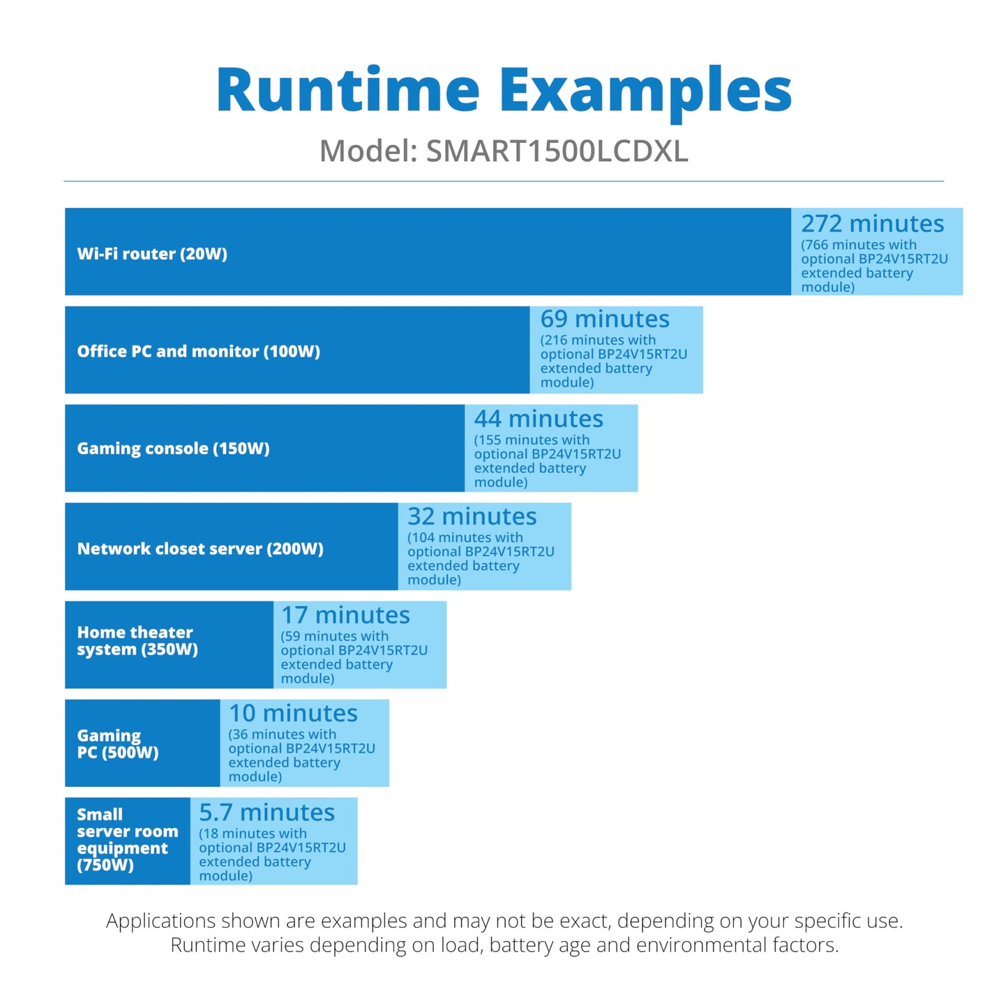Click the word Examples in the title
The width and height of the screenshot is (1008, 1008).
[645, 94]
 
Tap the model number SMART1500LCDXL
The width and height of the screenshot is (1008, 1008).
[557, 151]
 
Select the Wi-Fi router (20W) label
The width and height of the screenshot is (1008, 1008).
[152, 254]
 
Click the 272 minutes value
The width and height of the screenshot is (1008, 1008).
[873, 223]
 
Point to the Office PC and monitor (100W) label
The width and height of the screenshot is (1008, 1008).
[198, 351]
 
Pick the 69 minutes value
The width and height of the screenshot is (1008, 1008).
[605, 319]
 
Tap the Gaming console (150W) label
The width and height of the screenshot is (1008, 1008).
[173, 449]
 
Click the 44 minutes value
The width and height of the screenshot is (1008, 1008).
[539, 419]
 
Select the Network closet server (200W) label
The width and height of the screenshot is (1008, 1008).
[200, 548]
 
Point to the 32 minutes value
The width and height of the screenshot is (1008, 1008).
[472, 516]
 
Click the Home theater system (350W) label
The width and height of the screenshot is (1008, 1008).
[137, 640]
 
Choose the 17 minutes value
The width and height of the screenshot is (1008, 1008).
[346, 615]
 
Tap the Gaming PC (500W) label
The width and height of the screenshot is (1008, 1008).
[118, 744]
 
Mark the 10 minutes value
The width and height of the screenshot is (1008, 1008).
[294, 713]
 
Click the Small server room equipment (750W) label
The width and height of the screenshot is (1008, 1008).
[128, 839]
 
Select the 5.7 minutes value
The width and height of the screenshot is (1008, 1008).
[266, 813]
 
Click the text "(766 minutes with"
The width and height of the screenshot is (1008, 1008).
[859, 245]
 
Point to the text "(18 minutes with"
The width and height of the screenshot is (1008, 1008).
[253, 834]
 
